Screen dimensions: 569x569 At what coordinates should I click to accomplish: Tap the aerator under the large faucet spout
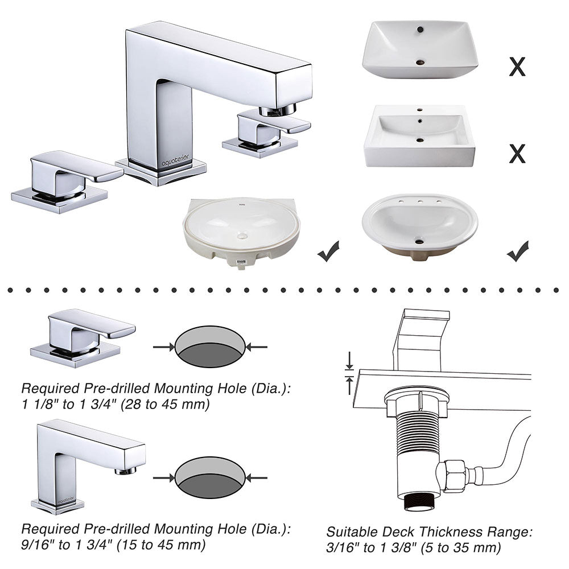point(278,110)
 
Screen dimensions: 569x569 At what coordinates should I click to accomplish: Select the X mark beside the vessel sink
point(517,67)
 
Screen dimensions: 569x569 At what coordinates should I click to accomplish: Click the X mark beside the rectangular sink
point(517,153)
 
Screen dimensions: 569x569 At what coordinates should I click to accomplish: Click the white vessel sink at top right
point(420,49)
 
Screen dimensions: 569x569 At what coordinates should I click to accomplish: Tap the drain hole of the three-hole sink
point(419,242)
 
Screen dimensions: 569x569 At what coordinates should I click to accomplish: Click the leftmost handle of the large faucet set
point(63,178)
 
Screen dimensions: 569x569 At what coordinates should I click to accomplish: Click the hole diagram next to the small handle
point(210,347)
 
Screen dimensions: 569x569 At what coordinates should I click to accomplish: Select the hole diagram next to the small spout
point(210,477)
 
